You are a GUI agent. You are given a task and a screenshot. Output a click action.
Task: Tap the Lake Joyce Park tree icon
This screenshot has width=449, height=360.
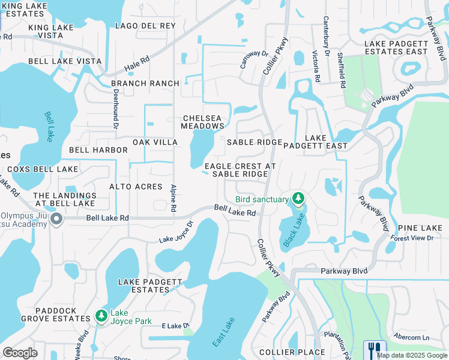(101, 316)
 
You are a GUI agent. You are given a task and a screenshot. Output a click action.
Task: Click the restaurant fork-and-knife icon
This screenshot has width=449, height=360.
(375, 349)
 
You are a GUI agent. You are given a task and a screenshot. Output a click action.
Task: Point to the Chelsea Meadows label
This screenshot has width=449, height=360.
(203, 122)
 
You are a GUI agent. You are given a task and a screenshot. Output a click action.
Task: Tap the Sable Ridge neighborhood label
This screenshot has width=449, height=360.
(254, 142)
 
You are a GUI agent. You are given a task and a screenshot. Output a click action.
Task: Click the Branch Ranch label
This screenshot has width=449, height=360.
(145, 83)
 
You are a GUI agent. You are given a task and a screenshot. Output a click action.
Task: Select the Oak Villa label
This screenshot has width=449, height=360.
(155, 142)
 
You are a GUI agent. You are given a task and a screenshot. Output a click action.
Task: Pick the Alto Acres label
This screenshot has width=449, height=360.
(136, 187)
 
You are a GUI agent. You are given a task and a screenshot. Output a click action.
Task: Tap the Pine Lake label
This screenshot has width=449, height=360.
(420, 228)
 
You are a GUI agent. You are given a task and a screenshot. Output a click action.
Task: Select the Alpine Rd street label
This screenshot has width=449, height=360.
(173, 197)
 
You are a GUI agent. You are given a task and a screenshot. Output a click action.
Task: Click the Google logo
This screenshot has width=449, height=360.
(20, 353)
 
